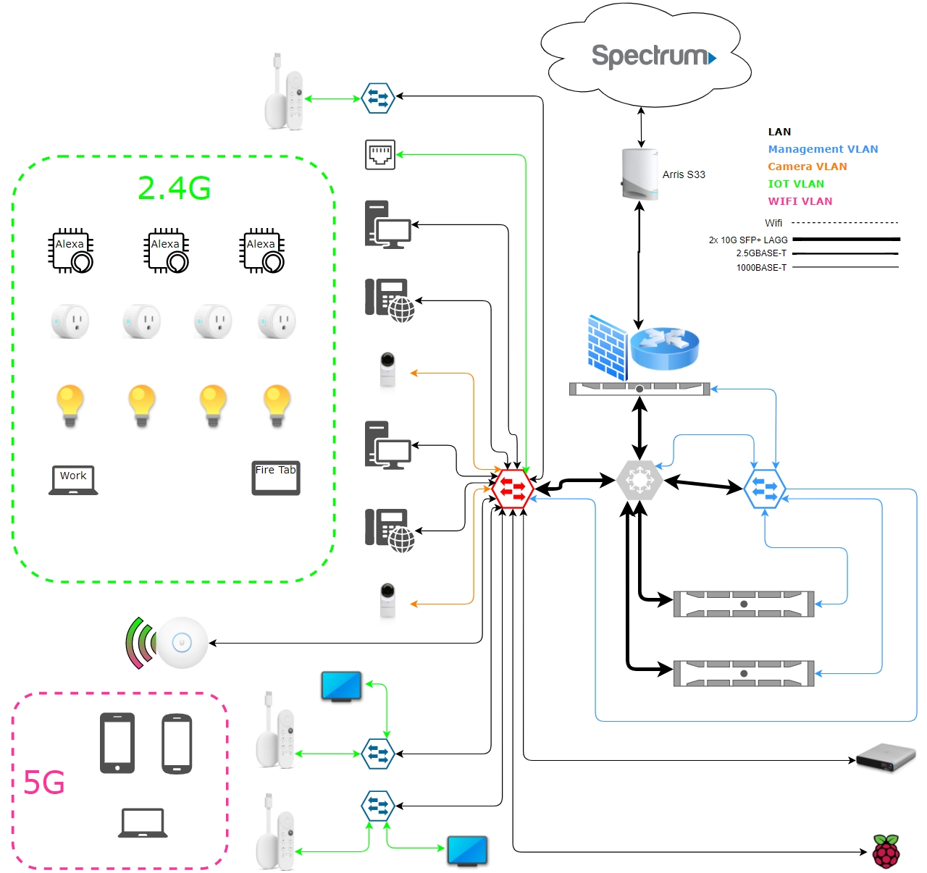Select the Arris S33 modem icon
tap(639, 174)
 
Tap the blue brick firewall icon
tap(607, 348)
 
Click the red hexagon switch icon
tap(513, 489)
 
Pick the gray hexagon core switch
tap(639, 480)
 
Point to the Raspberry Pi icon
tap(886, 851)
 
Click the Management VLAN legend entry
tap(823, 149)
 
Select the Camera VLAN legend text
tap(807, 166)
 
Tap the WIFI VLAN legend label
tap(800, 201)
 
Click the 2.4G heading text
tap(174, 188)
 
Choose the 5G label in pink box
tap(43, 783)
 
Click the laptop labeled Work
tap(73, 480)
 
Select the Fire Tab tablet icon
tap(276, 478)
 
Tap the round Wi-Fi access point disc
tap(182, 643)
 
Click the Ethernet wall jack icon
tap(380, 154)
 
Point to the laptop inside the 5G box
tap(143, 823)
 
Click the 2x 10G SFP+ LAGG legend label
tap(747, 240)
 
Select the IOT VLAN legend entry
tap(795, 184)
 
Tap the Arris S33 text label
tap(683, 174)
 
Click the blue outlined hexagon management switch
tap(765, 489)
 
